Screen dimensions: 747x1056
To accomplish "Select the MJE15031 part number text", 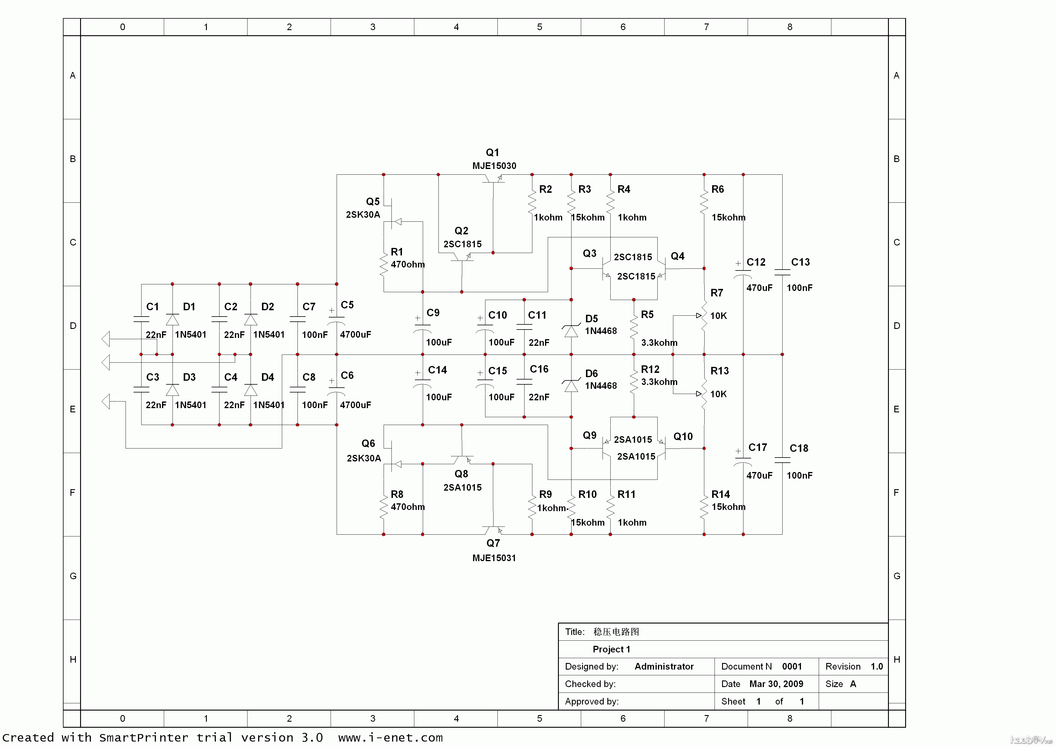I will coord(494,558).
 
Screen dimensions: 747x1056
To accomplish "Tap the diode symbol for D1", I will coord(173,320).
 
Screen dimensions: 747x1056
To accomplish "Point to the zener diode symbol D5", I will coord(571,330).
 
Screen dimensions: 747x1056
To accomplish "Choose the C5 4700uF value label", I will coord(355,334).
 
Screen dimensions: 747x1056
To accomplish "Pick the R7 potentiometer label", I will coord(717,293).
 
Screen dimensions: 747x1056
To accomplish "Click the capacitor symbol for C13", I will coord(782,272).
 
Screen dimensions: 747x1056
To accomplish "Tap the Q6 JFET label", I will coord(368,443).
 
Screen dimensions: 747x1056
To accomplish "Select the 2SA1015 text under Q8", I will coord(462,488).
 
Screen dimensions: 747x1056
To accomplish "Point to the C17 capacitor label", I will coord(758,448).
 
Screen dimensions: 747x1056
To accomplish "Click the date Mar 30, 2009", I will coord(776,684).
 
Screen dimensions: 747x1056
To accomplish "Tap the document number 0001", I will coord(792,667).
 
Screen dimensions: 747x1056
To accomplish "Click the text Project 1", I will coord(611,649).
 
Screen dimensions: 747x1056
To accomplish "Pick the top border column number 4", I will coord(456,27).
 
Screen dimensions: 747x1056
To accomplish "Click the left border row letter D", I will coord(73,326).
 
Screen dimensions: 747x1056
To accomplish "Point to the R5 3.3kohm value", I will coord(659,343).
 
